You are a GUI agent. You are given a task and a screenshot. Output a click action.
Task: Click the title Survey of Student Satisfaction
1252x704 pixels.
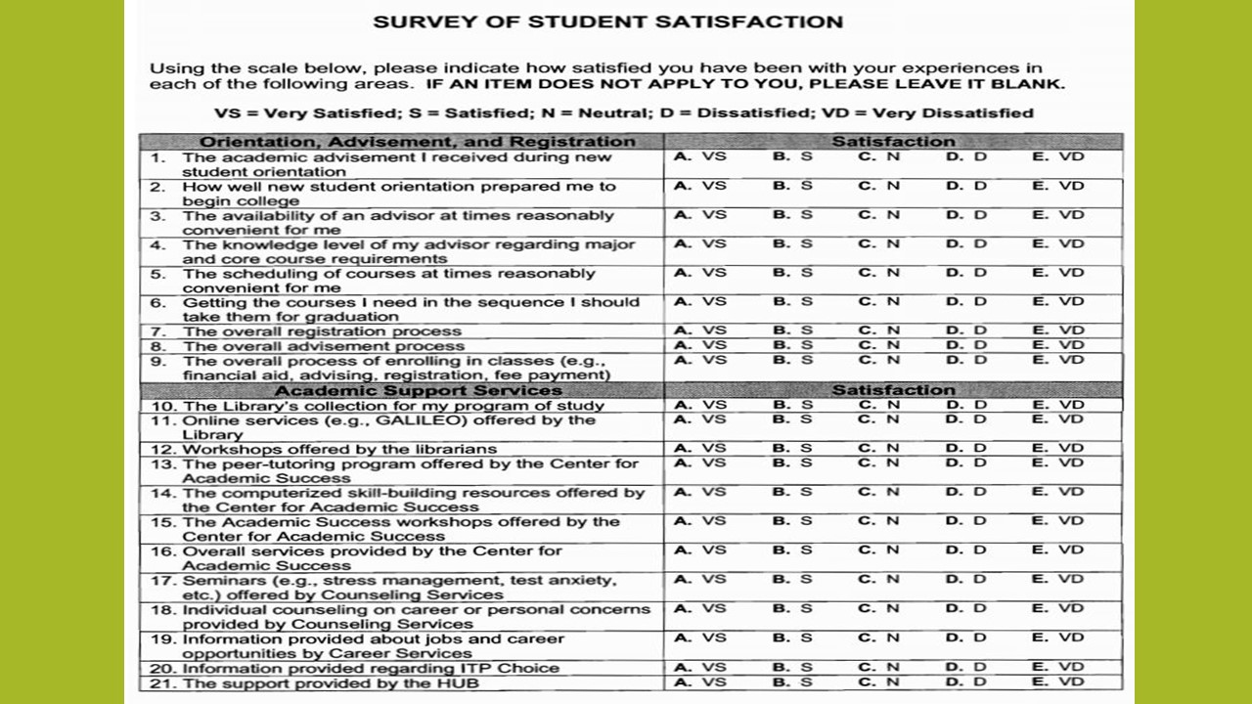(607, 22)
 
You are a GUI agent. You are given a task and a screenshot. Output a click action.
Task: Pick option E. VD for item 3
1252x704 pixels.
(1058, 215)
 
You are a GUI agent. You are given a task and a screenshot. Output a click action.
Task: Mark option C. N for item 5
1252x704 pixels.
(879, 273)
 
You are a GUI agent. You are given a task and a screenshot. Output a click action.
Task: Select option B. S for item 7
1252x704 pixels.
(792, 331)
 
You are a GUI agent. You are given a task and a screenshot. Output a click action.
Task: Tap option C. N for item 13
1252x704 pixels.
(879, 462)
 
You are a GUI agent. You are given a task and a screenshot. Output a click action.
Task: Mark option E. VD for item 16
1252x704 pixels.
(1058, 550)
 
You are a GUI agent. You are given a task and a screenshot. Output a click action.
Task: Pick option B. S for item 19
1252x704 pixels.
(792, 638)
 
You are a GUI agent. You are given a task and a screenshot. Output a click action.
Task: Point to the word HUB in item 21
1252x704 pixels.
(460, 682)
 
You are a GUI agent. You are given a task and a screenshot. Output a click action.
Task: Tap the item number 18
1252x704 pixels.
(162, 609)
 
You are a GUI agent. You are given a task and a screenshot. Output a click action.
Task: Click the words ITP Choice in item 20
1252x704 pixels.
(513, 668)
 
